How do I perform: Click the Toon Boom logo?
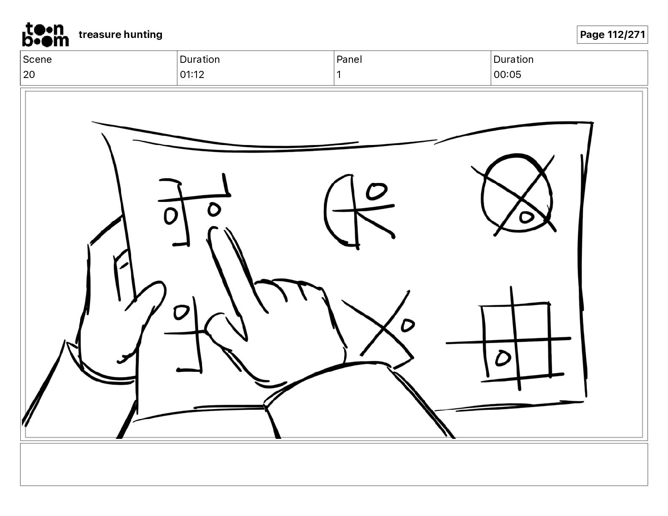[46, 35]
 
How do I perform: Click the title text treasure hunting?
[121, 35]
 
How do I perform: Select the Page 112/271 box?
[612, 35]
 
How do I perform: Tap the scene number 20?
[29, 74]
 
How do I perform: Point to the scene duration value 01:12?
[192, 74]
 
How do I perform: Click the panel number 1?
[339, 74]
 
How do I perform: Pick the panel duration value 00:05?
[507, 74]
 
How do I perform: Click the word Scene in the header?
[37, 59]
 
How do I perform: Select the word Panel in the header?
[349, 59]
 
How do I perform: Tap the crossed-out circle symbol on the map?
[517, 193]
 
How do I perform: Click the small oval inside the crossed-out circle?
[526, 217]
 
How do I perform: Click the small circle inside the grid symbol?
[503, 358]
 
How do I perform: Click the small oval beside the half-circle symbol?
[376, 191]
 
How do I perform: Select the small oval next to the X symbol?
[408, 325]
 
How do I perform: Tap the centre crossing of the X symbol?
[383, 327]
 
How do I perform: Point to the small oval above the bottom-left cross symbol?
[181, 312]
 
